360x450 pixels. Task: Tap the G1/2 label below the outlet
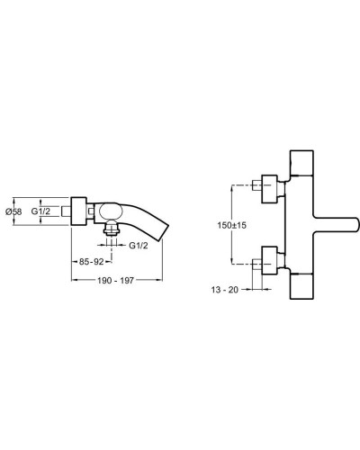pyautogui.click(x=138, y=246)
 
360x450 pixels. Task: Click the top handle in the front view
pyautogui.click(x=301, y=163)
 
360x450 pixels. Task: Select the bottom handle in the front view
pyautogui.click(x=301, y=288)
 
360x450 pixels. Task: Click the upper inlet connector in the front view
pyautogui.click(x=267, y=186)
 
